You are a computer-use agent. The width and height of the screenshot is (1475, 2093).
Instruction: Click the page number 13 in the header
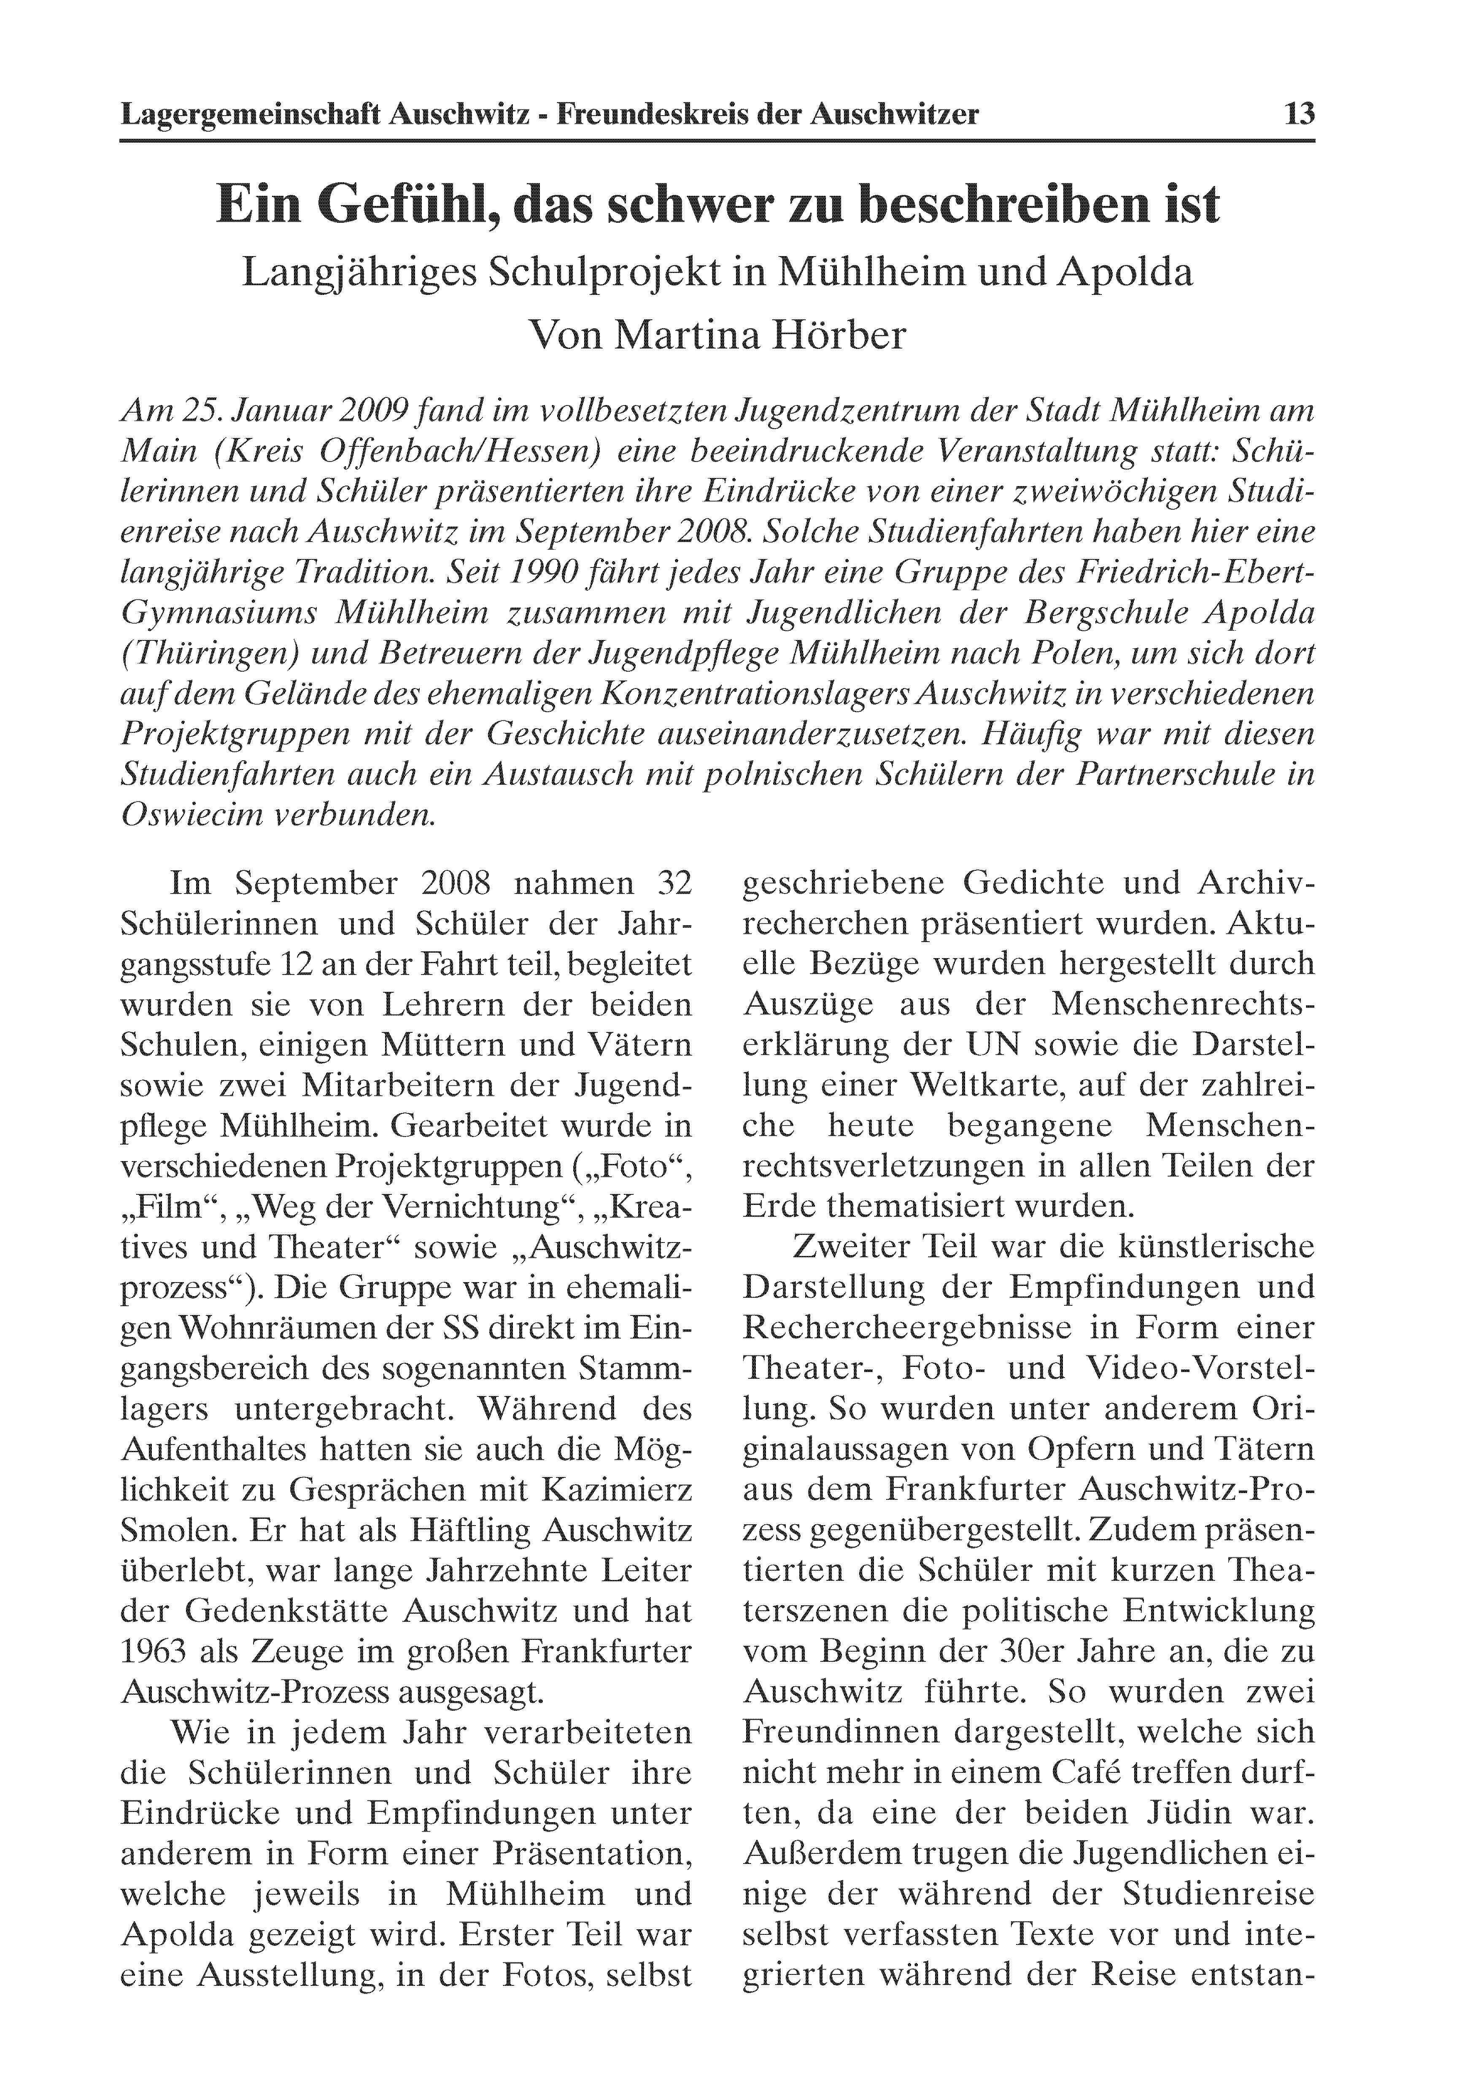pos(1299,115)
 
